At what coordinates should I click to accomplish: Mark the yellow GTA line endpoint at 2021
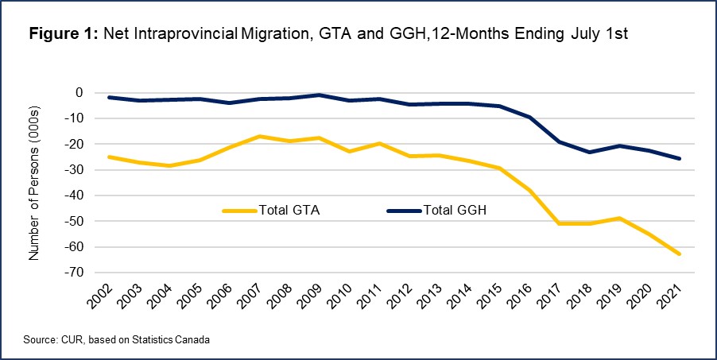point(679,254)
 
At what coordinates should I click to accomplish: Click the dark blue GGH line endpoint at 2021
point(679,159)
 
